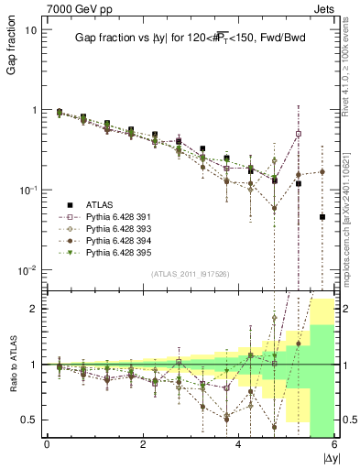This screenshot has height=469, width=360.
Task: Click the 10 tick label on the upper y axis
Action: click(29, 29)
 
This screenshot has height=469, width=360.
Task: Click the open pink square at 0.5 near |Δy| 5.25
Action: click(298, 134)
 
